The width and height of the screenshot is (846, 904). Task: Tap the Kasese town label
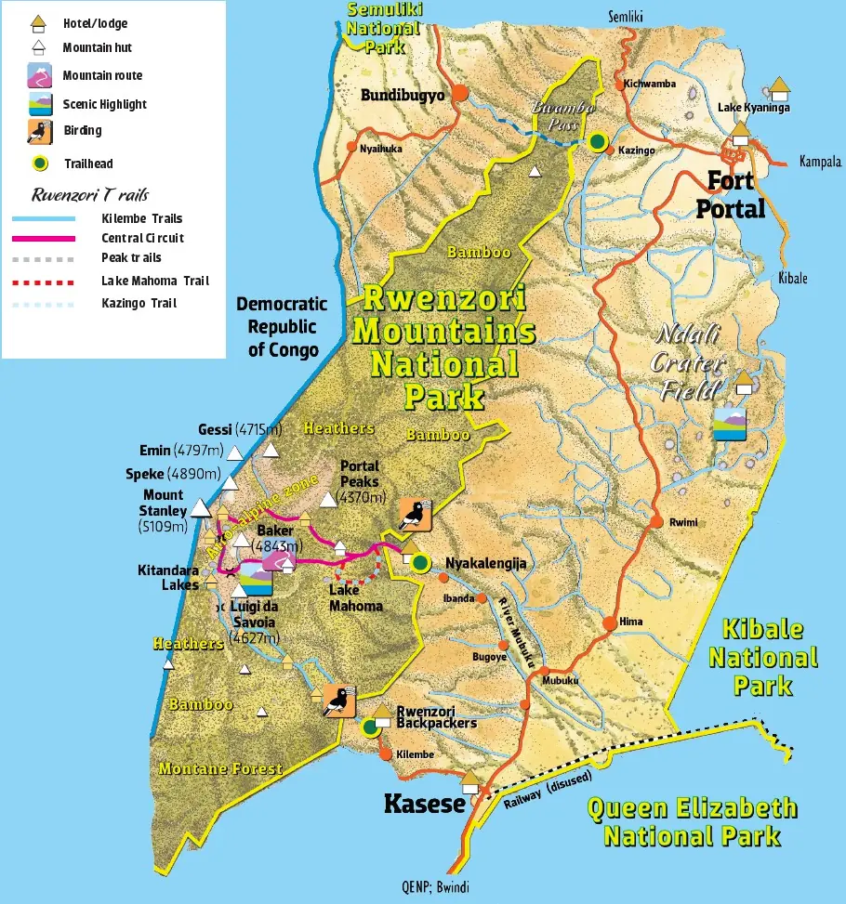[424, 803]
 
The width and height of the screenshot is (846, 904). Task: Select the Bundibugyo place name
[403, 95]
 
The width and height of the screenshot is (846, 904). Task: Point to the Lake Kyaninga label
[753, 108]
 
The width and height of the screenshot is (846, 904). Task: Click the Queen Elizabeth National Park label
[692, 821]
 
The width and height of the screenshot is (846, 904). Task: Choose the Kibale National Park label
[763, 657]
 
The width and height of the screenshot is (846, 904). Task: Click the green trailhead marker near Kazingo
[598, 141]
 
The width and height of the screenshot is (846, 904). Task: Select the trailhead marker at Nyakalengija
[420, 562]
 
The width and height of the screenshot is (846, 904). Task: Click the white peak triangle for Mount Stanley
[201, 508]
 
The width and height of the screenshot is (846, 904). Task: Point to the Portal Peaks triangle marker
[327, 501]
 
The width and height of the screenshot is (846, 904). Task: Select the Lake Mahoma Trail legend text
[155, 281]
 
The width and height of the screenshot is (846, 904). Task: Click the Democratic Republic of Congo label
[281, 327]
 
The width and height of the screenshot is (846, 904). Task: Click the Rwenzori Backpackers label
[436, 716]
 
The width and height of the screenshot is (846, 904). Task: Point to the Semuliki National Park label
[383, 28]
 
